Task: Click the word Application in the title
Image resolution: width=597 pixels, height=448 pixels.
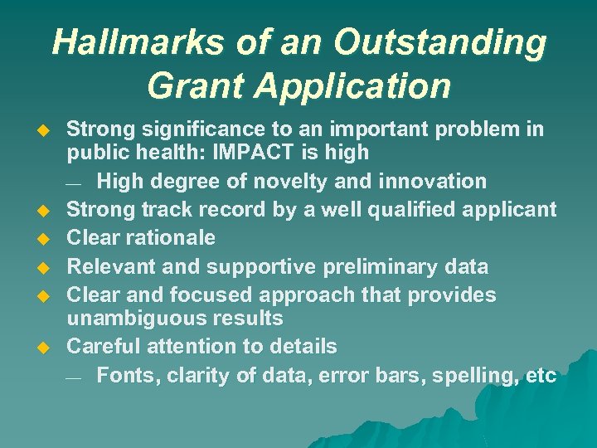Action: (357, 85)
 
